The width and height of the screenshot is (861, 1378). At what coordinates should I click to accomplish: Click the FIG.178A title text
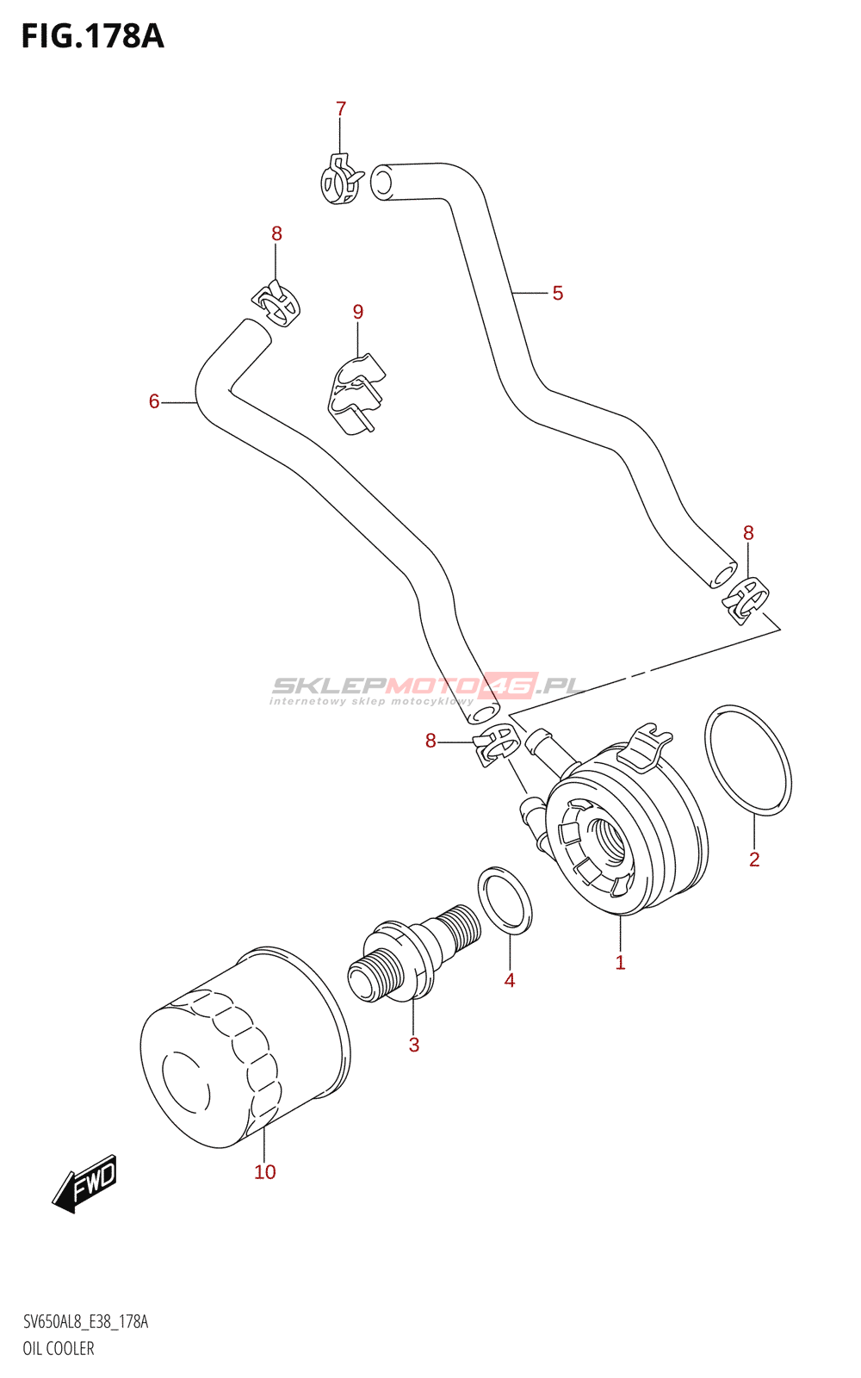pos(93,36)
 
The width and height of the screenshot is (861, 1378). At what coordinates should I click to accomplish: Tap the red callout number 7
pos(341,109)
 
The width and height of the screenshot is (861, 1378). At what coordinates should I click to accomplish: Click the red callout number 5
pos(557,294)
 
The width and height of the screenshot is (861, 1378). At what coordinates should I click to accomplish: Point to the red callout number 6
pos(154,401)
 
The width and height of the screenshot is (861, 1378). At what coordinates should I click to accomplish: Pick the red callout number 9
pos(358,312)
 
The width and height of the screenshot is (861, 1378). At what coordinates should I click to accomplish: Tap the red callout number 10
pos(265,1172)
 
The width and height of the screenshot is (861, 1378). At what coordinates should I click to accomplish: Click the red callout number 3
pos(414,1044)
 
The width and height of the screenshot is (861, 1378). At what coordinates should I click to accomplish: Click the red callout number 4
pos(509,980)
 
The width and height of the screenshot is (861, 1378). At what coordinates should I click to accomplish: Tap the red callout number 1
pos(620,963)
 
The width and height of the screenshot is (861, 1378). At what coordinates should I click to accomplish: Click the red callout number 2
pos(754,860)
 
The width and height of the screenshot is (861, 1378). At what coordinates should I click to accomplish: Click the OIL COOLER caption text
pos(59,1349)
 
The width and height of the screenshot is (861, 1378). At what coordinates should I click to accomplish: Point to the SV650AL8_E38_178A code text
pos(85,1322)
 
